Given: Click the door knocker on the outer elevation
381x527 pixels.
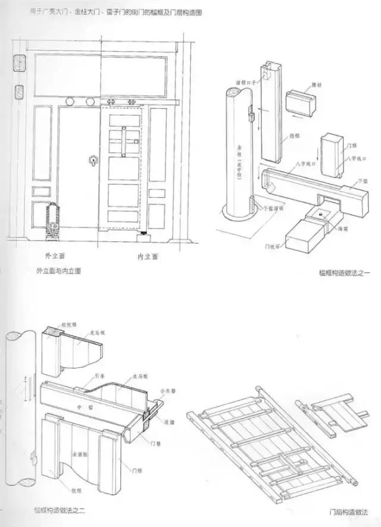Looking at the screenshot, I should pyautogui.click(x=92, y=161).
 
